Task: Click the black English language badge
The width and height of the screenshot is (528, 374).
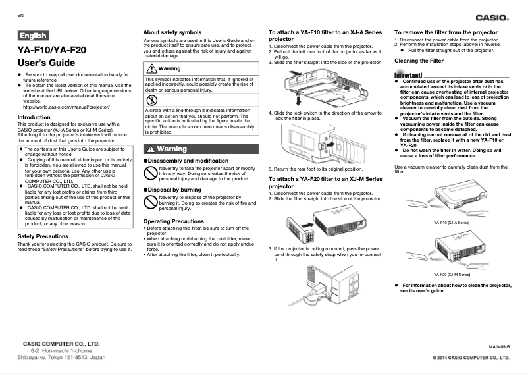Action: tap(33, 36)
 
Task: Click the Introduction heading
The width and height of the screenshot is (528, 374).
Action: tap(34, 117)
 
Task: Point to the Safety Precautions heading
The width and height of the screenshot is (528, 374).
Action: tap(43, 236)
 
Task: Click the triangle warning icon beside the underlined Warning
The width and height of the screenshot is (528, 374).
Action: tap(152, 69)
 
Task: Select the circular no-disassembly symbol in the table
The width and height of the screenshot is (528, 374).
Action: tap(153, 100)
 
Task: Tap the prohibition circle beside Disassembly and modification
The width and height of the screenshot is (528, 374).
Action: tap(151, 173)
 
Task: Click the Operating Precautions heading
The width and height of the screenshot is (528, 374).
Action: tap(174, 221)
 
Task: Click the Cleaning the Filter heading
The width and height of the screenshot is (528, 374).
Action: tap(419, 61)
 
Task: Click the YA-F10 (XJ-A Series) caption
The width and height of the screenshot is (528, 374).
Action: tap(451, 223)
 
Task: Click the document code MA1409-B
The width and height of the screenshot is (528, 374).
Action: tap(499, 346)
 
